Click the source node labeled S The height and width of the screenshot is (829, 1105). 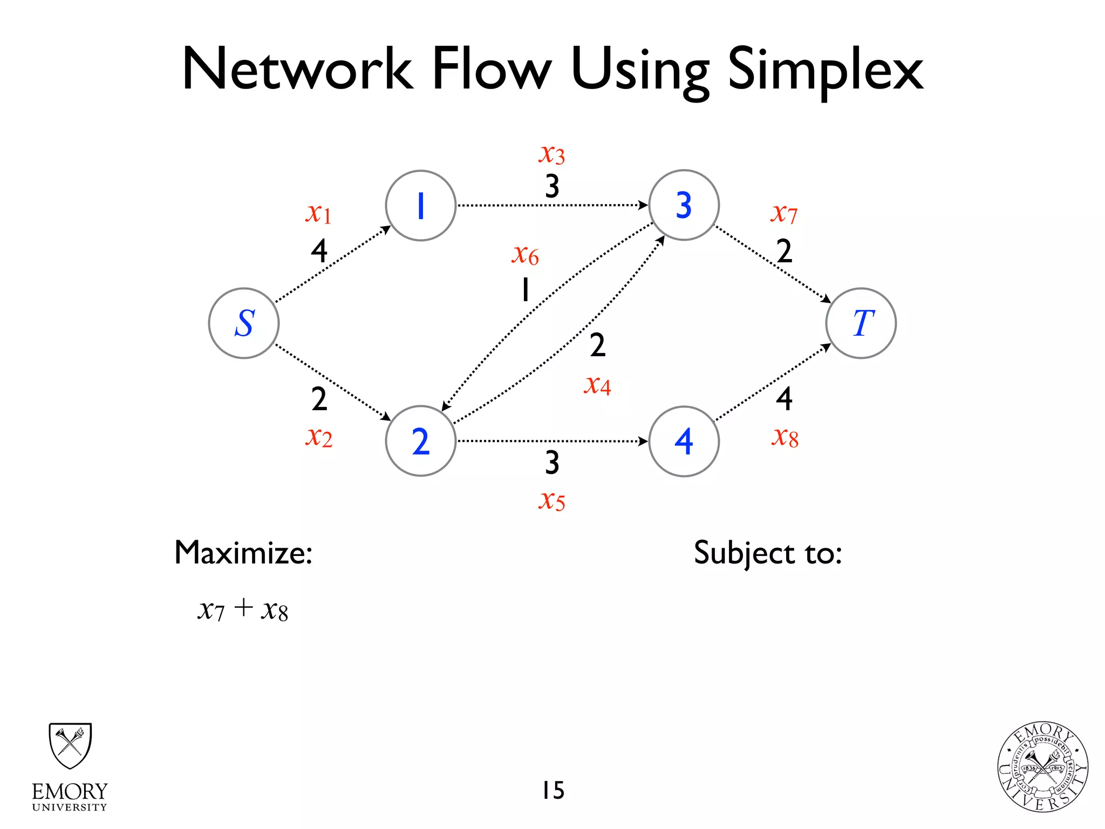click(x=244, y=323)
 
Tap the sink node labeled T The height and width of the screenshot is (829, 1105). click(x=861, y=323)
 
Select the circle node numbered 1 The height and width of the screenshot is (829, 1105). click(x=421, y=206)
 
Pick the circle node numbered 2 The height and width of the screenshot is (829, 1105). click(x=421, y=441)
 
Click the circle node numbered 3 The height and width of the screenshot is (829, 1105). click(x=684, y=205)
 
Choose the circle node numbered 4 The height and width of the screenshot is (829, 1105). click(x=684, y=441)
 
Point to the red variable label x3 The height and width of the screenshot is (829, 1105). click(x=551, y=154)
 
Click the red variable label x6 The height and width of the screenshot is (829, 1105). click(x=525, y=255)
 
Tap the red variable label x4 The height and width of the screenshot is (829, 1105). click(x=597, y=385)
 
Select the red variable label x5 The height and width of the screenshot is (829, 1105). click(x=551, y=501)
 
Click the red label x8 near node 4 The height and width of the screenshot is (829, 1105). click(x=785, y=437)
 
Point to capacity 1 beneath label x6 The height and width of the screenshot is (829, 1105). click(x=525, y=290)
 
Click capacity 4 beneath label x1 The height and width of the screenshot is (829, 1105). click(x=319, y=251)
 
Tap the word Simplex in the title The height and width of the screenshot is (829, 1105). click(x=825, y=70)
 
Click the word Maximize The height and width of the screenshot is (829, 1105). click(x=243, y=553)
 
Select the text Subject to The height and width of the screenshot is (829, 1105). click(x=767, y=554)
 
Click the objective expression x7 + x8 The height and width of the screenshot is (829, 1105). click(x=243, y=610)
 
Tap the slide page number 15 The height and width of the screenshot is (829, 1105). click(x=553, y=791)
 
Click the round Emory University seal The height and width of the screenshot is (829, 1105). click(x=1042, y=767)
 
